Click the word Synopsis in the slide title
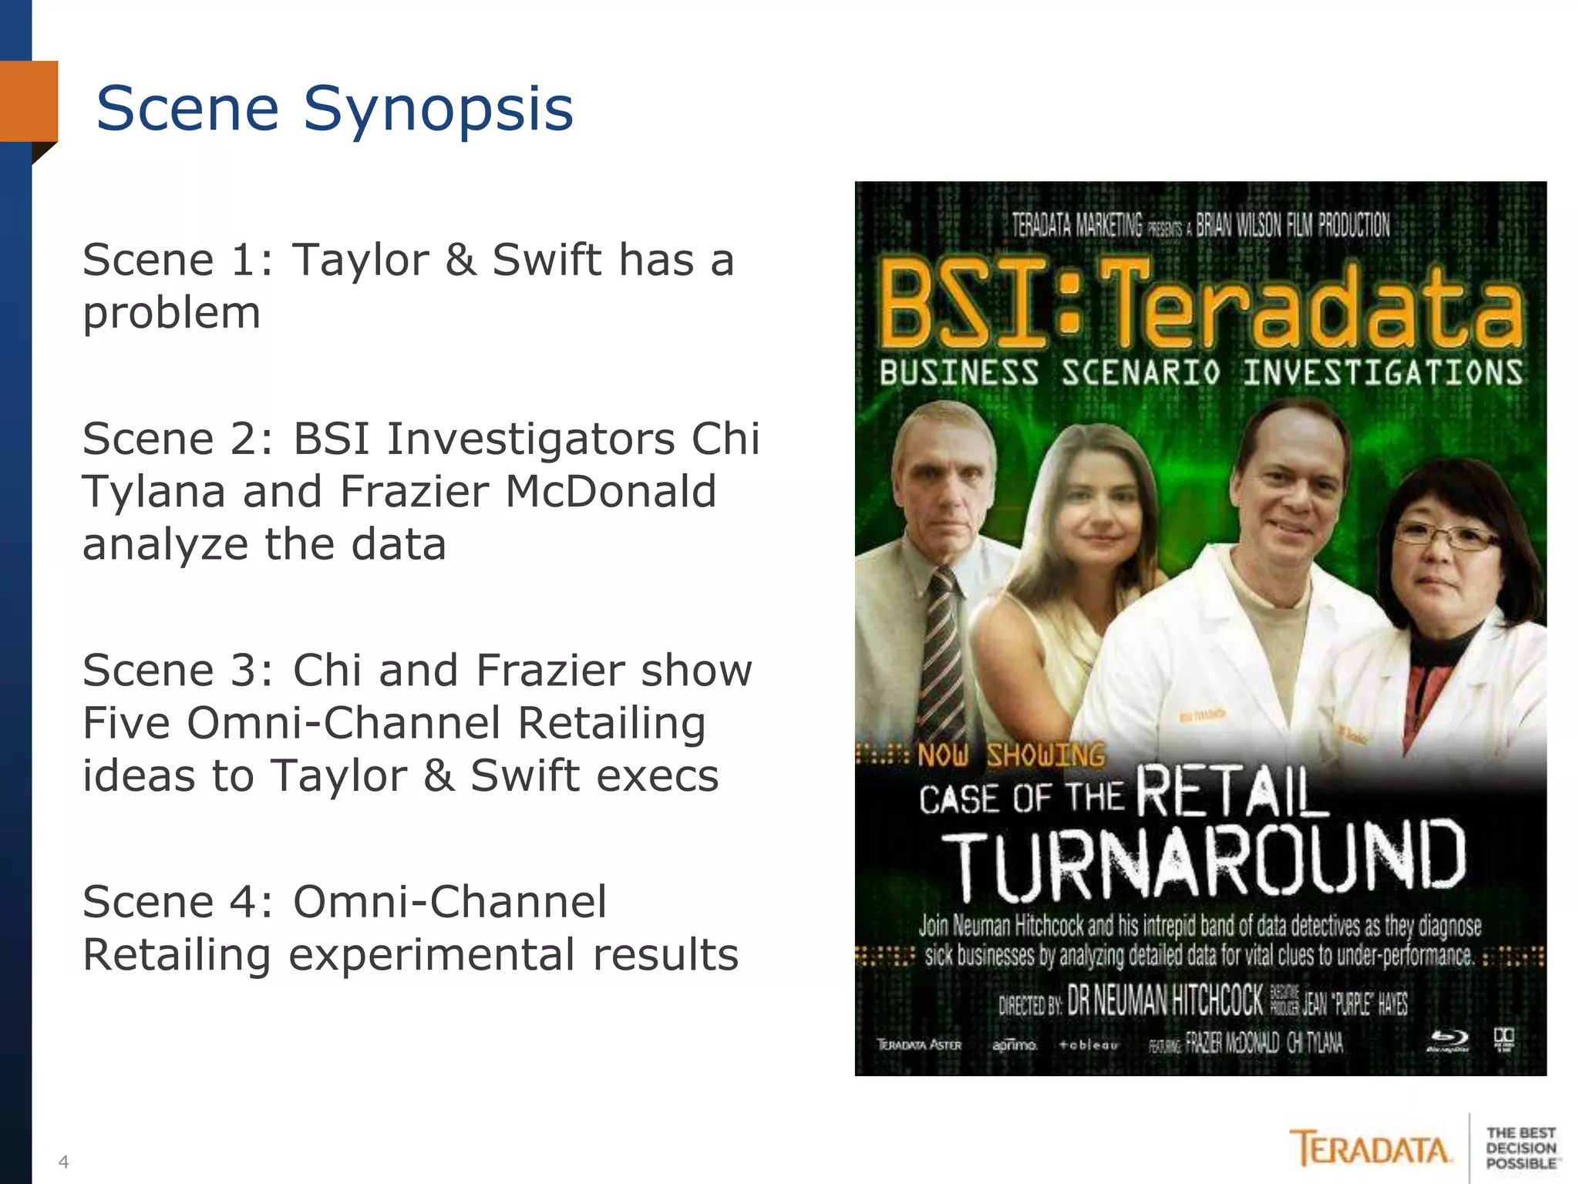pyautogui.click(x=438, y=109)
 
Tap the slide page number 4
pyautogui.click(x=63, y=1161)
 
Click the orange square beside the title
pyautogui.click(x=29, y=101)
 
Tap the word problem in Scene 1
pyautogui.click(x=171, y=313)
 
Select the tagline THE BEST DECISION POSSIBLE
pyautogui.click(x=1520, y=1148)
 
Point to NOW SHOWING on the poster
pyautogui.click(x=1010, y=755)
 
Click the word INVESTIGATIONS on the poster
pyautogui.click(x=1382, y=373)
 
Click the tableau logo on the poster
pyautogui.click(x=1088, y=1045)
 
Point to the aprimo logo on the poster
pyautogui.click(x=1014, y=1045)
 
